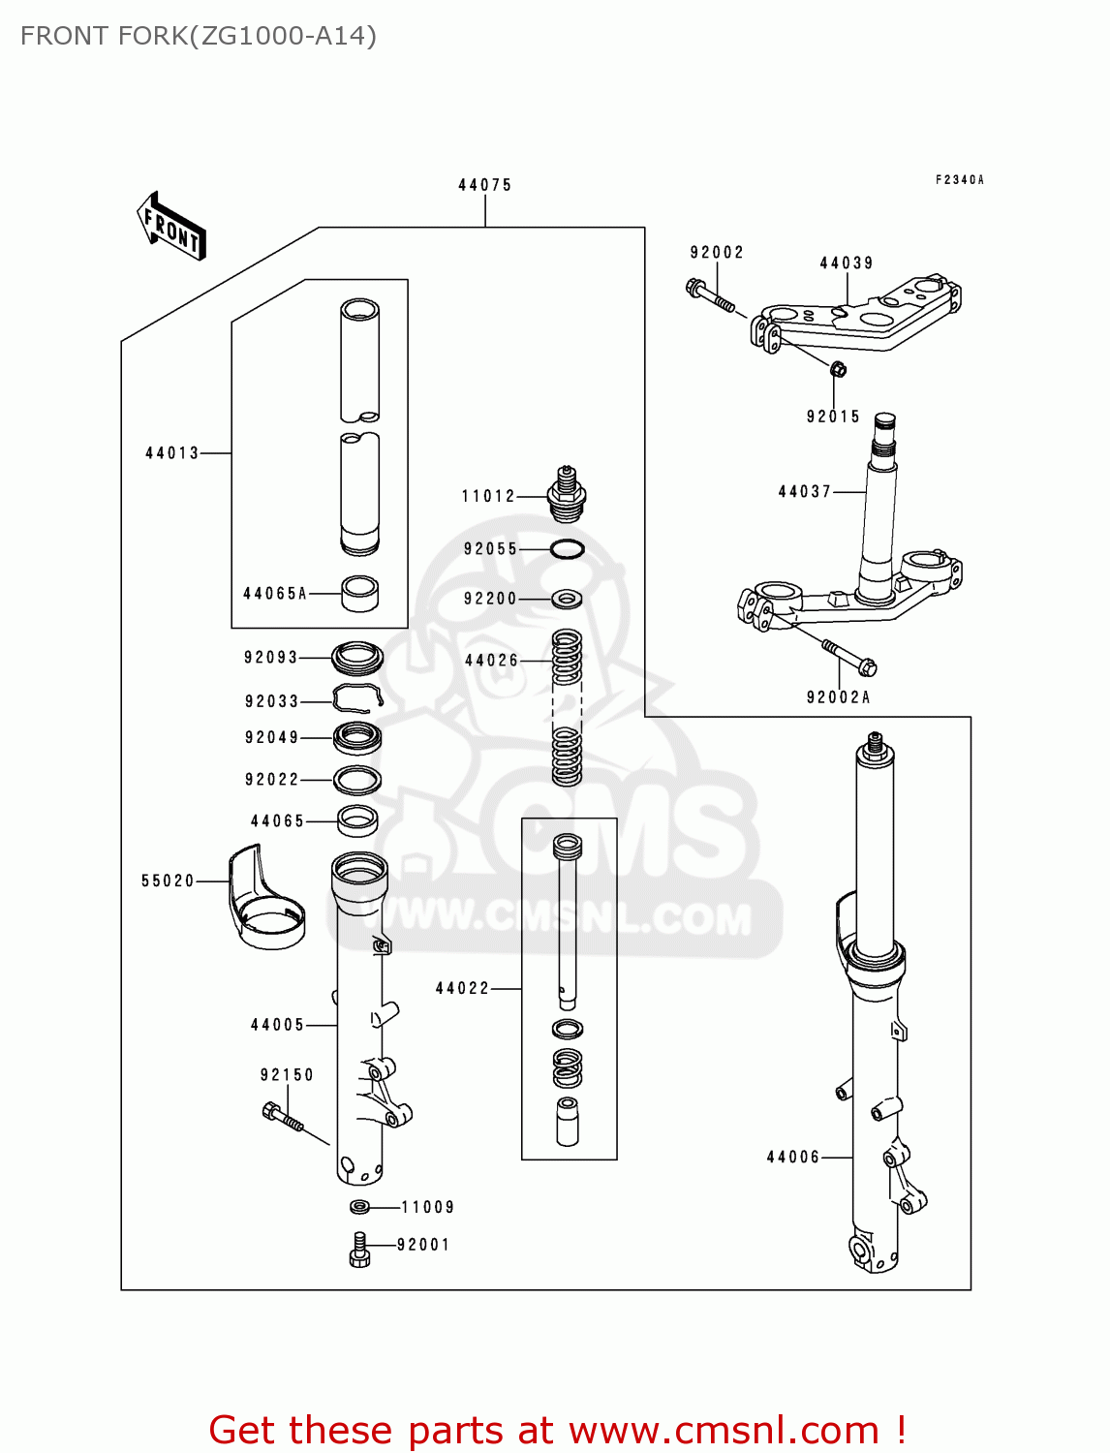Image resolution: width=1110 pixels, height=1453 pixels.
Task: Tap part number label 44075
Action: coord(484,185)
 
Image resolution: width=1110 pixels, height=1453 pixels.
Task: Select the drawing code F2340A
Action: coord(959,180)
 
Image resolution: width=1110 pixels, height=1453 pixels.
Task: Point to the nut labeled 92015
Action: coord(839,368)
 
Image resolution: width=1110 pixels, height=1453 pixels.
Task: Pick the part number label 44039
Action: coord(847,263)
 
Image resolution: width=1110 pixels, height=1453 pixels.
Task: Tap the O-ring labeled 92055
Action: coord(567,549)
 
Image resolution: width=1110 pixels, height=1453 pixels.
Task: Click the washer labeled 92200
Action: coord(567,599)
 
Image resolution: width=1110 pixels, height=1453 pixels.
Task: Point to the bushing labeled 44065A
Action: coord(360,594)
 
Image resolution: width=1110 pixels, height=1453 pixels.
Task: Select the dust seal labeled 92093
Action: coord(357,658)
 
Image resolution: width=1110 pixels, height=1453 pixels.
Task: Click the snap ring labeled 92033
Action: coord(356,698)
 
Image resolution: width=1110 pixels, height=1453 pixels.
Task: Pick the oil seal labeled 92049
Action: coord(357,738)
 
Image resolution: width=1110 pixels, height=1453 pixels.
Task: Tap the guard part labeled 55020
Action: coord(264,898)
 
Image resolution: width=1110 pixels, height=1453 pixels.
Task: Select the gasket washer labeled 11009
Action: coord(359,1207)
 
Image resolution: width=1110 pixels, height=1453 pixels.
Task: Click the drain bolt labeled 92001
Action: coord(359,1249)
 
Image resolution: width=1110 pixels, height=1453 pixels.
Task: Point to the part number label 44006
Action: coord(792,1158)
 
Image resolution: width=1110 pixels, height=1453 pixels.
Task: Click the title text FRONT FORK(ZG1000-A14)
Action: coord(199,36)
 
